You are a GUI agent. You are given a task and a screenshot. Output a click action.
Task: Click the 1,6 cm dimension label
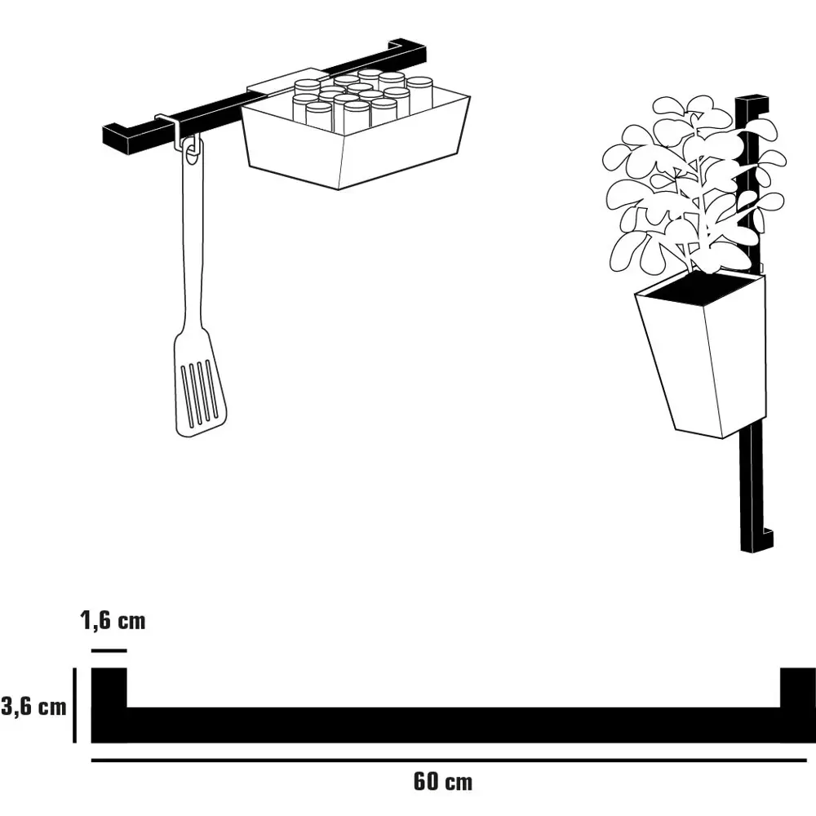113,620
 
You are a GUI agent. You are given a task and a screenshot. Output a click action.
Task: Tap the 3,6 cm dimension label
33,707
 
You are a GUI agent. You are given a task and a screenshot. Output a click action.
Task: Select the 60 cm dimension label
443,782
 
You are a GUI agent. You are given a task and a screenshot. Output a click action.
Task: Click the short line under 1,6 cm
109,650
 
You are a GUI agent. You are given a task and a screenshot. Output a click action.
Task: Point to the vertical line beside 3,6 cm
75,705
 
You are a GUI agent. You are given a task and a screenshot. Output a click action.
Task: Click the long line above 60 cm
449,761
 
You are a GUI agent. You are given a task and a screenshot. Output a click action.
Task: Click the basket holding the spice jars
355,143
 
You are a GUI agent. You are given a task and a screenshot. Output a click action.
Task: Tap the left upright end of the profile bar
109,687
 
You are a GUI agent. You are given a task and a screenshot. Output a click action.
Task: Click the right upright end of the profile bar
798,687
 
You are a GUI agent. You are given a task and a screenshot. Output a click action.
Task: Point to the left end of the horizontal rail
117,137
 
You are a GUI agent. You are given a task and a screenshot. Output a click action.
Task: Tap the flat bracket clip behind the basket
286,82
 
